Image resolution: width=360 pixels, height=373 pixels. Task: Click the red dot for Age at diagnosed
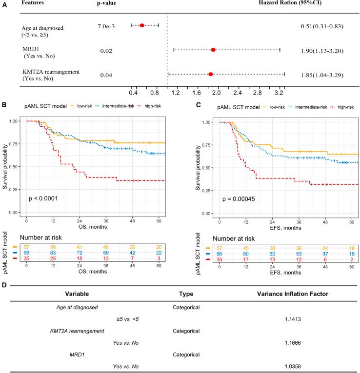tap(142, 25)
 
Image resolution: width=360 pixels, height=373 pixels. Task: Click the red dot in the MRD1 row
tap(213, 50)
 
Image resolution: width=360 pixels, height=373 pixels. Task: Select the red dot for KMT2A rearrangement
tap(211, 74)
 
